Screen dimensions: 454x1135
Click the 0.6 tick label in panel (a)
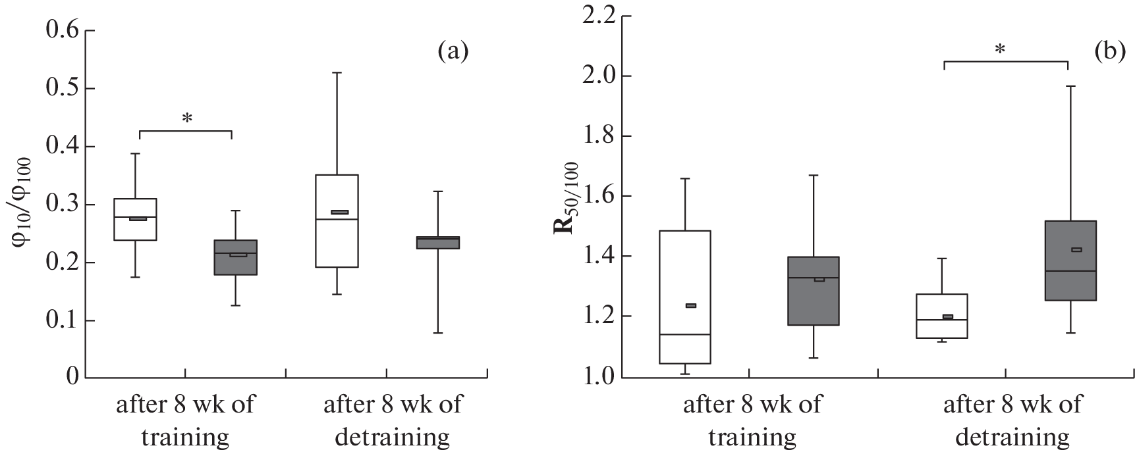pos(61,31)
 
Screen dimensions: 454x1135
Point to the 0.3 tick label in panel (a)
pos(61,205)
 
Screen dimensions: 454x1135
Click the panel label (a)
pos(453,51)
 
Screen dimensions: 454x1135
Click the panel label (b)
pos(1109,51)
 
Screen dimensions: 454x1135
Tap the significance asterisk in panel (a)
pos(187,119)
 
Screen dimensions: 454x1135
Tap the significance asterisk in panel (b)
pos(1000,50)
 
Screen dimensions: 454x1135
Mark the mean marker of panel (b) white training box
pos(691,305)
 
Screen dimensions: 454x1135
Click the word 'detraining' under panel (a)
pos(393,437)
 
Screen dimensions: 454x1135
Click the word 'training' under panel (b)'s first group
pos(752,437)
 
